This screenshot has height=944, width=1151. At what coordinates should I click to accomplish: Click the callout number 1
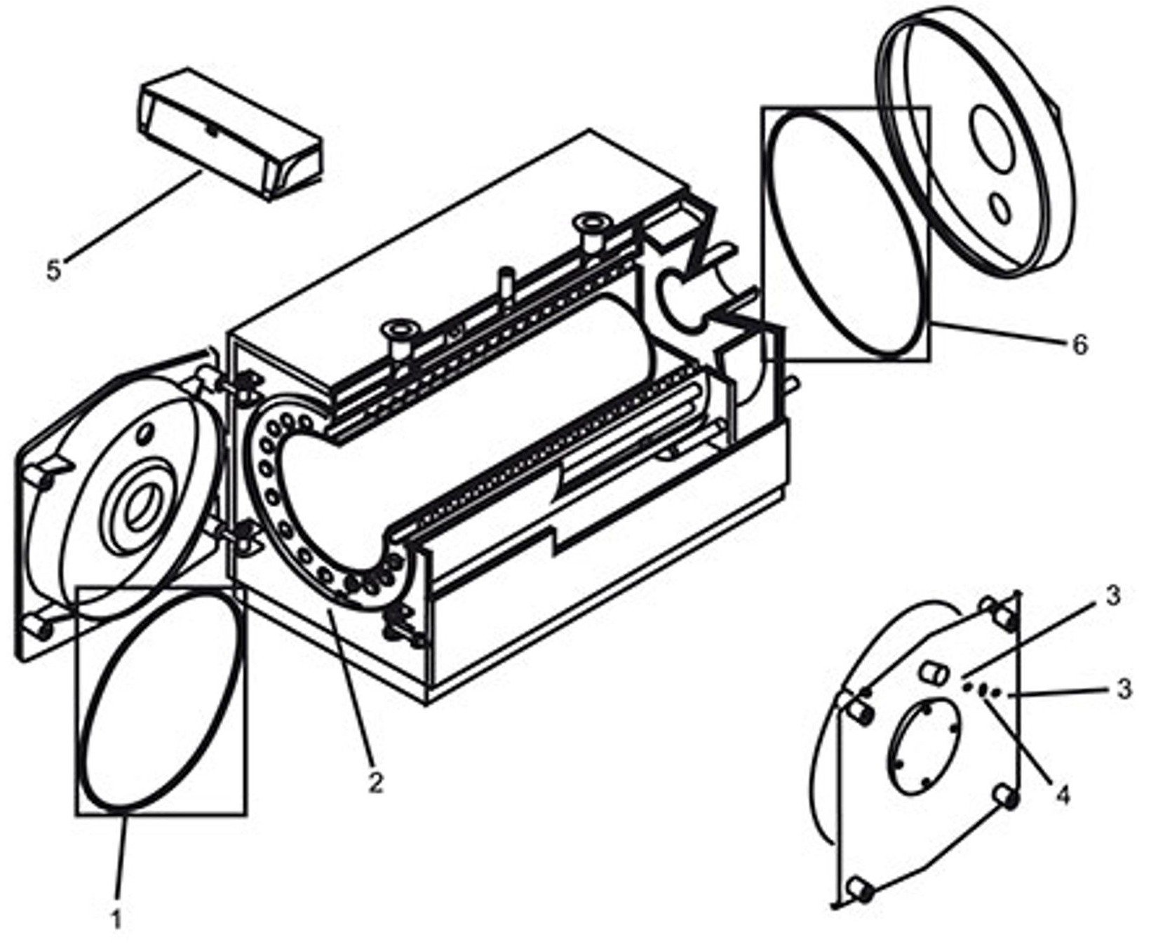[116, 918]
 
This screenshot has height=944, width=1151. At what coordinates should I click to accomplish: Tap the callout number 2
[377, 781]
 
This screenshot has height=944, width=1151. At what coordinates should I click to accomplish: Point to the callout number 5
[54, 271]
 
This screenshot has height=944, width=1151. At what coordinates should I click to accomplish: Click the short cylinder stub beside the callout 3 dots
[933, 673]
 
